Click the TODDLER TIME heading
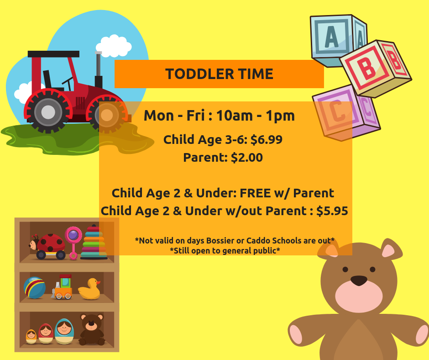click(219, 74)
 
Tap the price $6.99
click(266, 139)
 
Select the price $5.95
click(332, 211)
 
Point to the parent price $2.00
click(247, 158)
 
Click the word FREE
click(255, 193)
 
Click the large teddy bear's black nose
click(359, 281)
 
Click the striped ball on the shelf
click(35, 288)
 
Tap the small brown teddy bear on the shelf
click(92, 329)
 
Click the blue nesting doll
click(64, 331)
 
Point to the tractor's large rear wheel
click(48, 112)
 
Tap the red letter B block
click(375, 69)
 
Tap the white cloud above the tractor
click(114, 46)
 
